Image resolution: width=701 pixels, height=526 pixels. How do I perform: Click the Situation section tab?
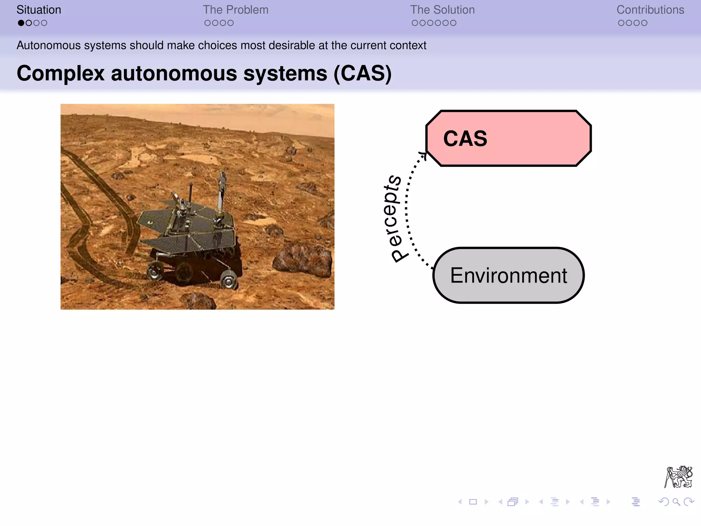click(x=39, y=10)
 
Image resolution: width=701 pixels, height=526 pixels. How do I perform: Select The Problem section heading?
click(x=235, y=10)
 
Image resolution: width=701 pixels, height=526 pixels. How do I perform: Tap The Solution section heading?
click(x=442, y=10)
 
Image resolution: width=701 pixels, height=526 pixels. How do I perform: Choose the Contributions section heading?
click(x=650, y=10)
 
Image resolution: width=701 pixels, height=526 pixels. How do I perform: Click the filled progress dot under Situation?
click(x=21, y=23)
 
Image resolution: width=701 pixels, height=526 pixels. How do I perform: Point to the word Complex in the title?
click(x=61, y=73)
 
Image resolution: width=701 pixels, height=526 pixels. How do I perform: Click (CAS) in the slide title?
click(x=362, y=73)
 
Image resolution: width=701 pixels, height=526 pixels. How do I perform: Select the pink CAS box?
click(x=508, y=138)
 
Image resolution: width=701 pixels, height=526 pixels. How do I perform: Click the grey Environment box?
click(x=508, y=275)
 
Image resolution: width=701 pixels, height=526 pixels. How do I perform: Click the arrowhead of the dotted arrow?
click(x=424, y=155)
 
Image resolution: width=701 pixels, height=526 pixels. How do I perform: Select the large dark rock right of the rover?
click(x=303, y=260)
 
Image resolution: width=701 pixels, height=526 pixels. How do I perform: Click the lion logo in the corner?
click(x=678, y=477)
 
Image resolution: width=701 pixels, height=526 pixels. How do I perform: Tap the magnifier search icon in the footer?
click(x=676, y=502)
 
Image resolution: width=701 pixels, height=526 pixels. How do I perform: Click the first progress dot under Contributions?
click(x=621, y=23)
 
